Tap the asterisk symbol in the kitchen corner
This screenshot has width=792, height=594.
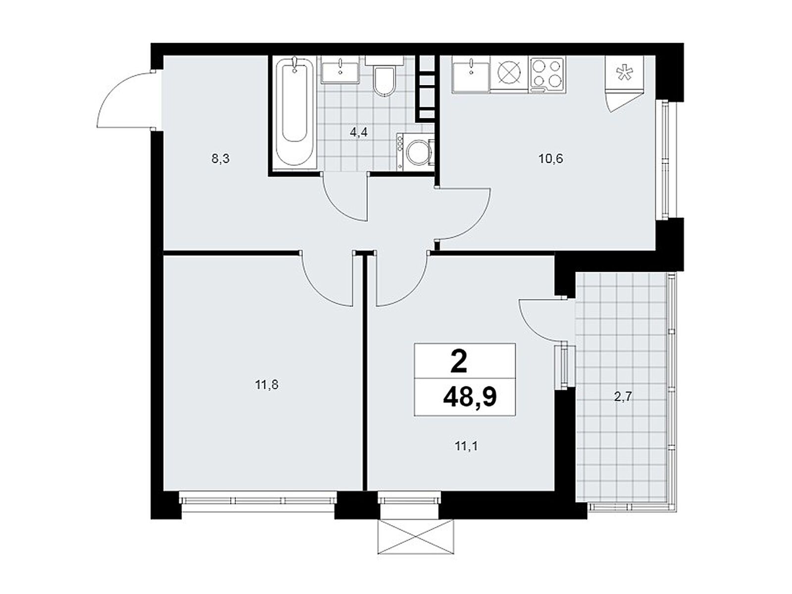(x=624, y=74)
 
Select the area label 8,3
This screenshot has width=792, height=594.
(x=221, y=159)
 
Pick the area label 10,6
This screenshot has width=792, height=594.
(x=551, y=159)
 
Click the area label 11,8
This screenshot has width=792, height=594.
(x=267, y=384)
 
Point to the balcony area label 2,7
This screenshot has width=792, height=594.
(x=623, y=396)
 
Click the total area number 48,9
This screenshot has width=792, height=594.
(x=470, y=397)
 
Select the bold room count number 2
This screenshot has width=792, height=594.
(x=459, y=362)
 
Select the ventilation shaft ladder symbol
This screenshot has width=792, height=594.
(x=426, y=87)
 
